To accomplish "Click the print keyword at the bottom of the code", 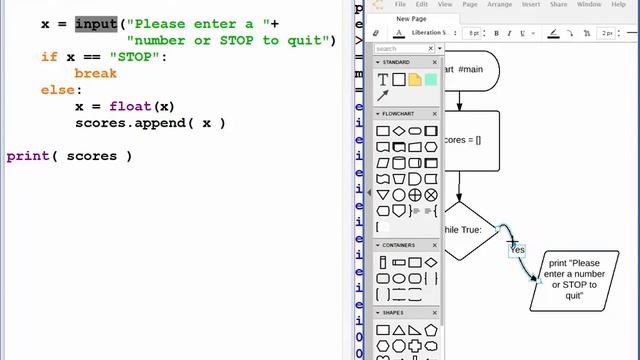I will point(27,156).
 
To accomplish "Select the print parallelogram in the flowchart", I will point(574,276).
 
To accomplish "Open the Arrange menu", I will point(498,5).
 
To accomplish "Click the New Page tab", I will point(410,19).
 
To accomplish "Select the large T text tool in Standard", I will point(383,79).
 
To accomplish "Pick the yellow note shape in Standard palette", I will point(414,79).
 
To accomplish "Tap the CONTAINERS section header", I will point(404,244).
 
